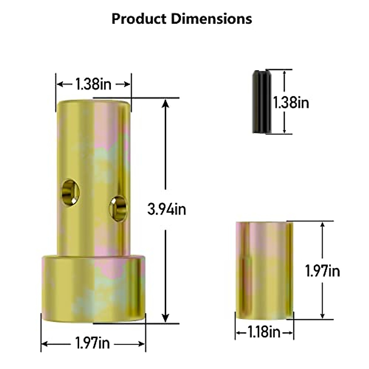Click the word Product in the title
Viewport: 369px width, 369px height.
pyautogui.click(x=139, y=19)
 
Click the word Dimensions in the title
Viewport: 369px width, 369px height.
pyautogui.click(x=211, y=19)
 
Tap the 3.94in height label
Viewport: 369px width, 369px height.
pyautogui.click(x=167, y=209)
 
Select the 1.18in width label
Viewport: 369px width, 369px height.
pyautogui.click(x=264, y=332)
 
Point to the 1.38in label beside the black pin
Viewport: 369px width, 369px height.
pyautogui.click(x=291, y=102)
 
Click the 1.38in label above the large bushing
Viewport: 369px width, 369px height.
pyautogui.click(x=93, y=84)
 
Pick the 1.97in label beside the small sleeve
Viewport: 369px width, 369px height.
pyautogui.click(x=323, y=271)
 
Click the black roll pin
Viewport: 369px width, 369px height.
pyautogui.click(x=262, y=102)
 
